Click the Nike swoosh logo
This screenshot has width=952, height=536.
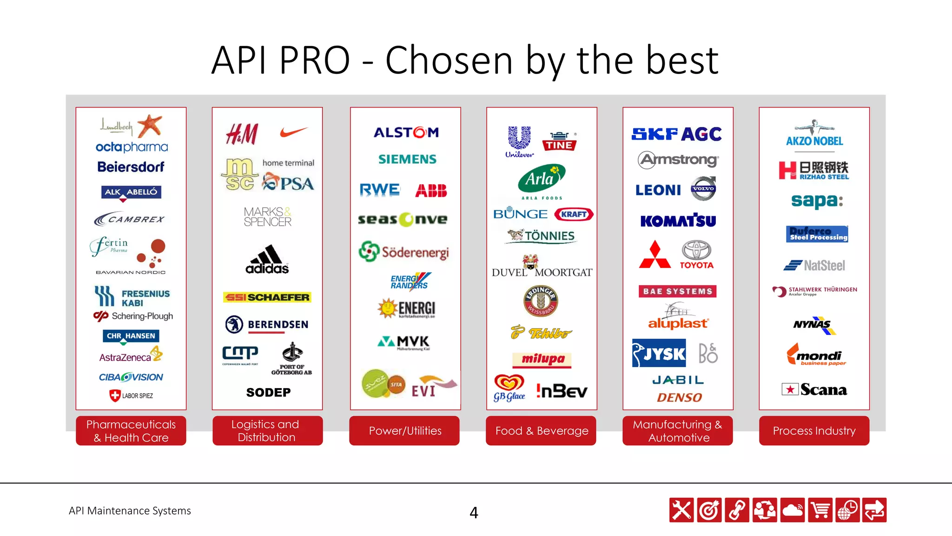pyautogui.click(x=294, y=132)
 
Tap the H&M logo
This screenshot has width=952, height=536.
pyautogui.click(x=242, y=134)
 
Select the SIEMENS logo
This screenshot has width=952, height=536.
pyautogui.click(x=407, y=159)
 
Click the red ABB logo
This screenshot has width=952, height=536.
pyautogui.click(x=431, y=190)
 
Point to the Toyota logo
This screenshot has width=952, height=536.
pyautogui.click(x=696, y=254)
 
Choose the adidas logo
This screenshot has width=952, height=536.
pyautogui.click(x=267, y=260)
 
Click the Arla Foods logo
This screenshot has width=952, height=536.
pyautogui.click(x=542, y=181)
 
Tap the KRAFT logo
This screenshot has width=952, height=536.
pyautogui.click(x=574, y=214)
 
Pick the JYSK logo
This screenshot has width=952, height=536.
pyautogui.click(x=659, y=353)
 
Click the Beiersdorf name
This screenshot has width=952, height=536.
pyautogui.click(x=131, y=167)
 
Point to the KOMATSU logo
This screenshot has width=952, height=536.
pyautogui.click(x=678, y=220)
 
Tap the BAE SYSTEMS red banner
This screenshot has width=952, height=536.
pyautogui.click(x=677, y=291)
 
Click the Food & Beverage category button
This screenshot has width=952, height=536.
pyautogui.click(x=542, y=431)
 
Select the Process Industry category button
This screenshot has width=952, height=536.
pyautogui.click(x=814, y=431)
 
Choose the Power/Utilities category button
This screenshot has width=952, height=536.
pyautogui.click(x=405, y=431)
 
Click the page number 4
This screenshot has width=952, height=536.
pyautogui.click(x=474, y=512)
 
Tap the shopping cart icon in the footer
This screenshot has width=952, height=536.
pyautogui.click(x=820, y=510)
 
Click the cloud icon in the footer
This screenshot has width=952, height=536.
pyautogui.click(x=793, y=510)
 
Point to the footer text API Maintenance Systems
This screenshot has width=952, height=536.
pyautogui.click(x=130, y=510)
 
